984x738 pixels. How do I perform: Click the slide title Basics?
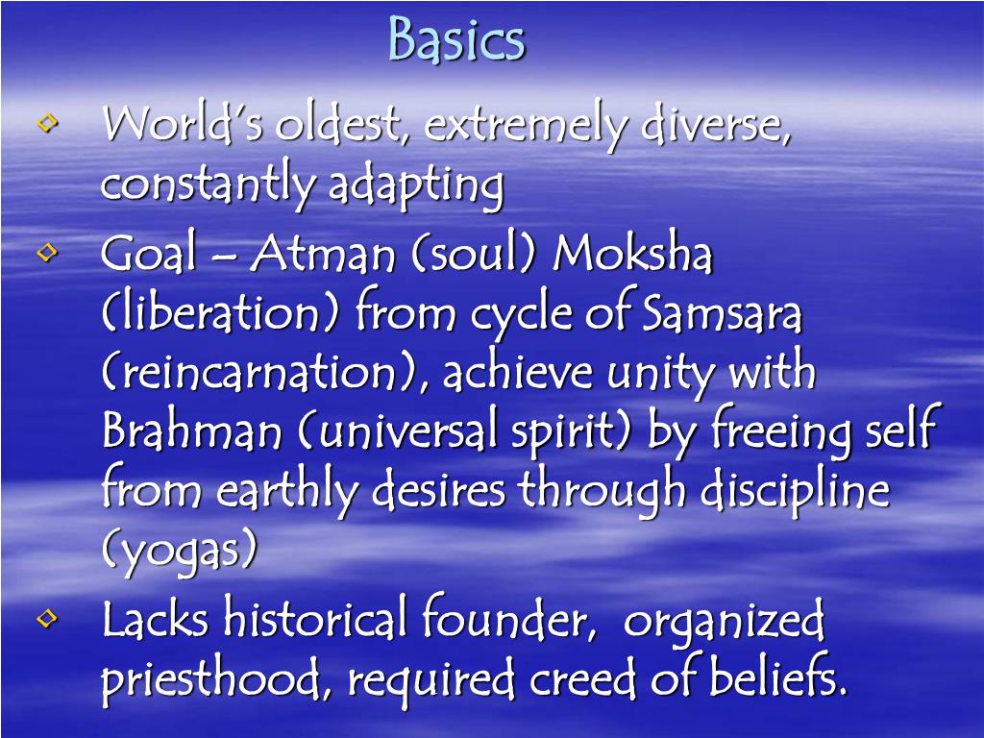click(456, 40)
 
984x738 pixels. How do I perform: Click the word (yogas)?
click(180, 552)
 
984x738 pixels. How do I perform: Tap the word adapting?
click(415, 186)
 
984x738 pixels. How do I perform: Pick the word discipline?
click(795, 491)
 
